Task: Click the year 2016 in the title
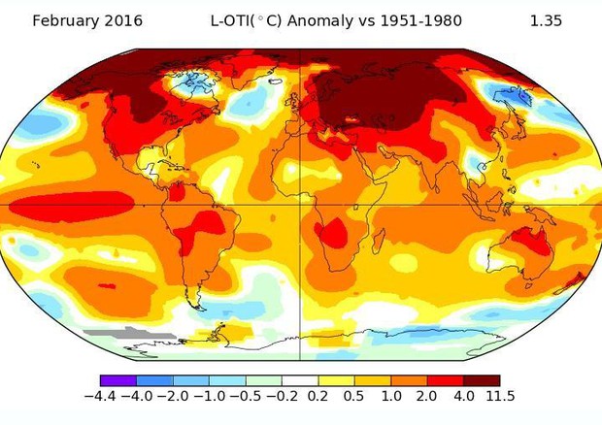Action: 128,20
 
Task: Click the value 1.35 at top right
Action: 546,20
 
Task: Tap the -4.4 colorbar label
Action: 100,396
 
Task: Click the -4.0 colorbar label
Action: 137,396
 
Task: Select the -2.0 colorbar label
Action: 174,396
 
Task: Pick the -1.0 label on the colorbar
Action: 210,396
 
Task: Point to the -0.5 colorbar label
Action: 247,396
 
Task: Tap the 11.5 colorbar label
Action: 499,396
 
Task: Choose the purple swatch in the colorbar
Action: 118,380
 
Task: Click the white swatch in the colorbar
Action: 300,380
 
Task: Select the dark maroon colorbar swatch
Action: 482,380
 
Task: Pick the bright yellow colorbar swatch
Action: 336,380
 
